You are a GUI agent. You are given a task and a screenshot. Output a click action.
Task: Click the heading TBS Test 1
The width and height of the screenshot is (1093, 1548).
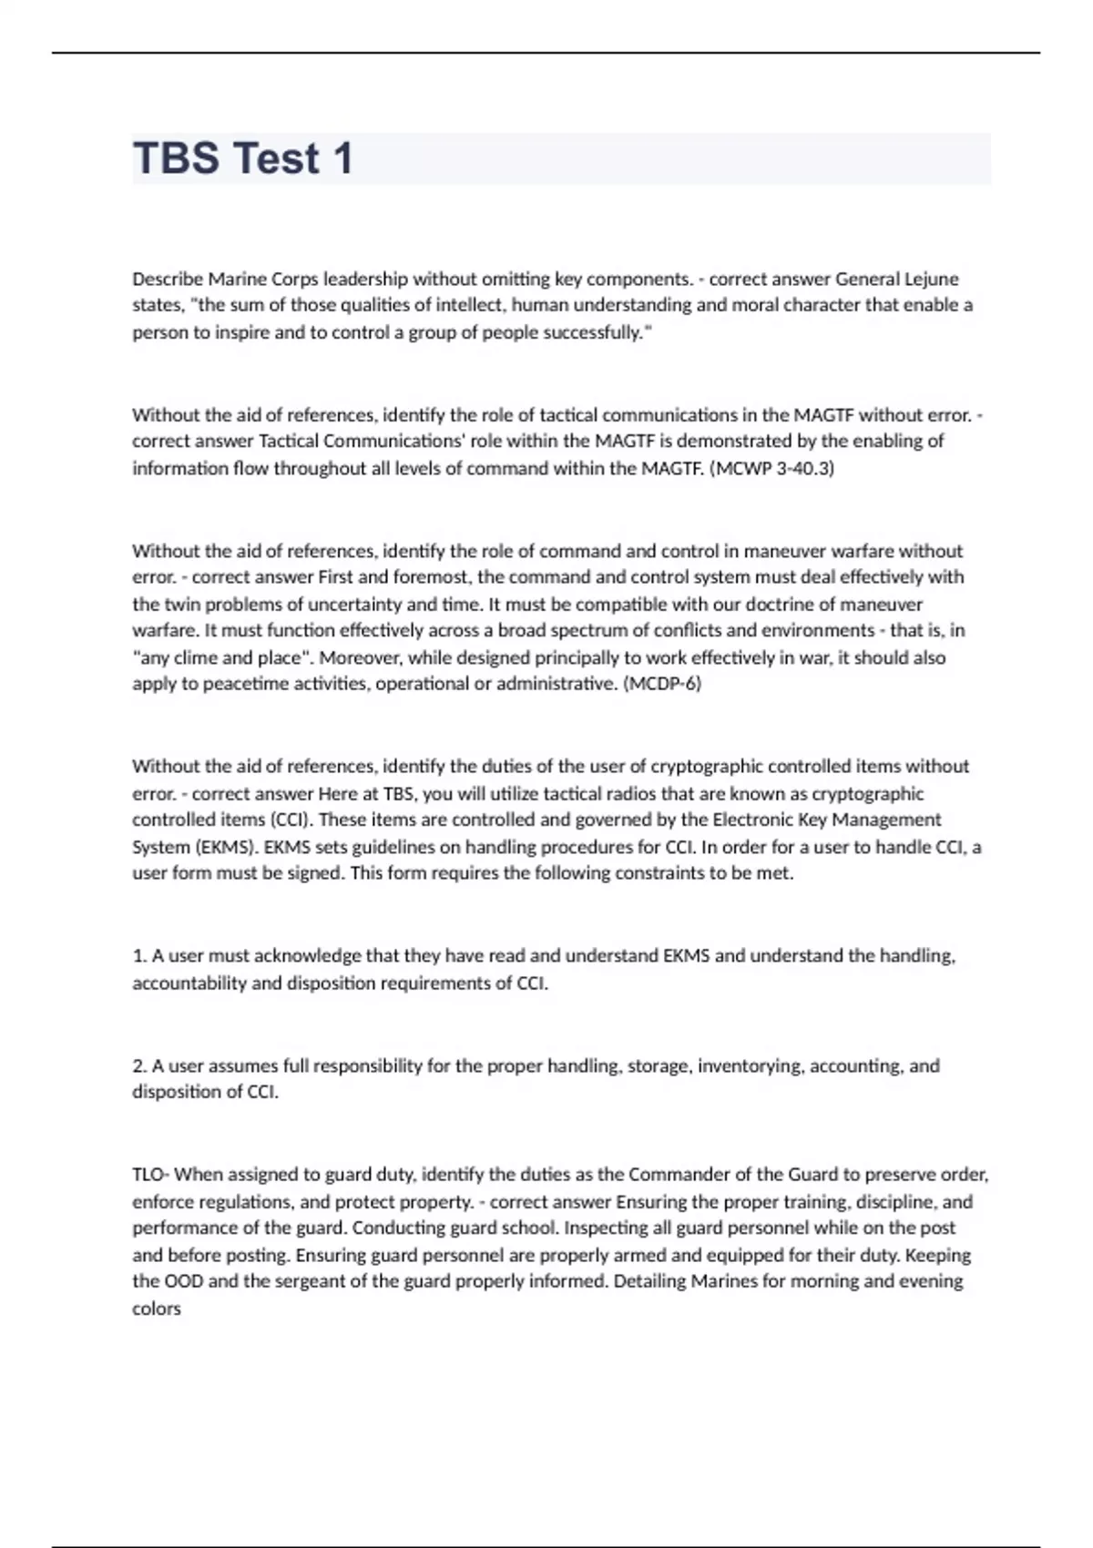242,158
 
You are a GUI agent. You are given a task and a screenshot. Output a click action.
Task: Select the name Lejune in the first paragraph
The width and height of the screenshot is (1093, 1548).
931,279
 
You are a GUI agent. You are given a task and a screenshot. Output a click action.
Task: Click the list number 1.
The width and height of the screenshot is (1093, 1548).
139,956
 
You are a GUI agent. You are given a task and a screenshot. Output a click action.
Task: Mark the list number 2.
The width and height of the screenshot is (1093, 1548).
139,1065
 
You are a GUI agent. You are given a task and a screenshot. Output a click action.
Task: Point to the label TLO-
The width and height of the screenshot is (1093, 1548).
151,1175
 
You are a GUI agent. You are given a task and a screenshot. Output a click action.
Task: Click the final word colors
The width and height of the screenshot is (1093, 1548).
157,1309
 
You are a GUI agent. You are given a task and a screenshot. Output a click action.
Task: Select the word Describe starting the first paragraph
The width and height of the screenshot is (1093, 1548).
168,279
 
